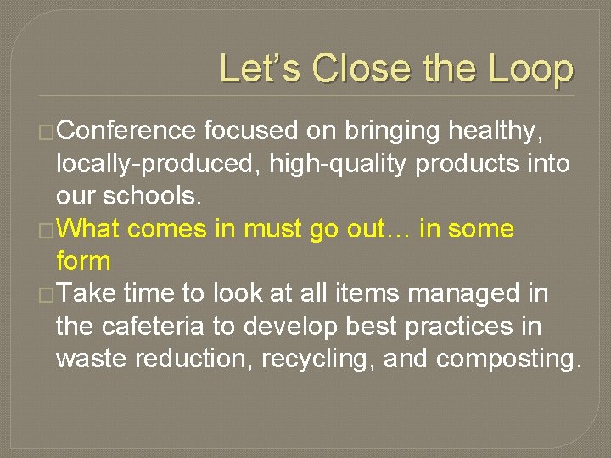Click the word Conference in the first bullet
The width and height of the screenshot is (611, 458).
128,131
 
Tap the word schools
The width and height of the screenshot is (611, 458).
153,196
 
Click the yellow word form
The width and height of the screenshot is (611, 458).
83,261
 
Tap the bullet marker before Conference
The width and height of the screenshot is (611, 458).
47,132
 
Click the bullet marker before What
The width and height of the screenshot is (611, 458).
47,230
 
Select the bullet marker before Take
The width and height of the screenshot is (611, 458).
47,295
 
